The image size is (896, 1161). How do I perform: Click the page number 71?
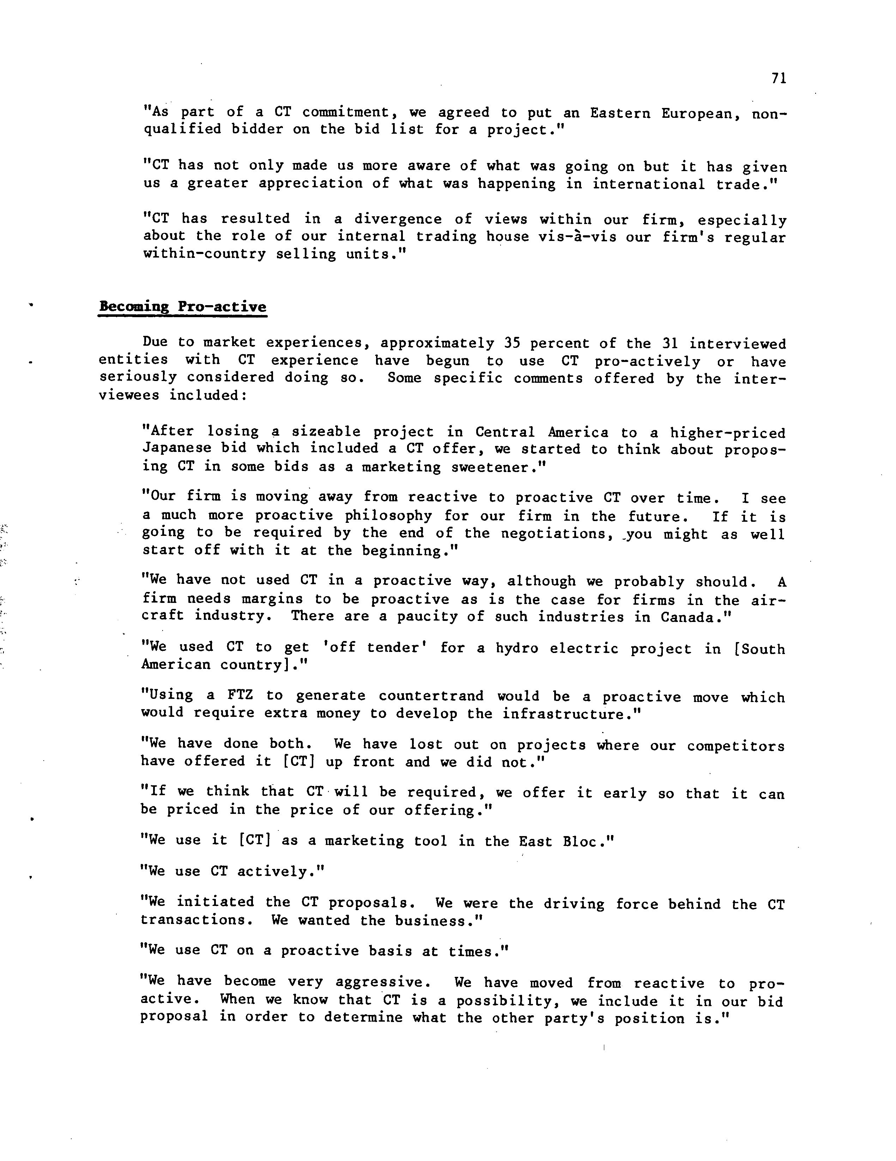click(x=779, y=79)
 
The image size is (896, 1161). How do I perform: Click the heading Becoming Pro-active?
click(x=182, y=307)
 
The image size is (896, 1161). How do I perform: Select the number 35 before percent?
click(x=512, y=343)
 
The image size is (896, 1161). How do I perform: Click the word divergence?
click(x=398, y=219)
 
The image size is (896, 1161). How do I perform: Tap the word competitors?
click(x=735, y=746)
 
